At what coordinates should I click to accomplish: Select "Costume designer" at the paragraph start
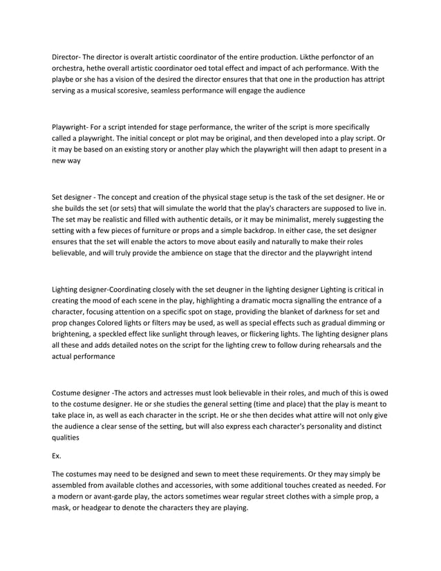(80, 389)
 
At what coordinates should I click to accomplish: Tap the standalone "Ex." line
(57, 456)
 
